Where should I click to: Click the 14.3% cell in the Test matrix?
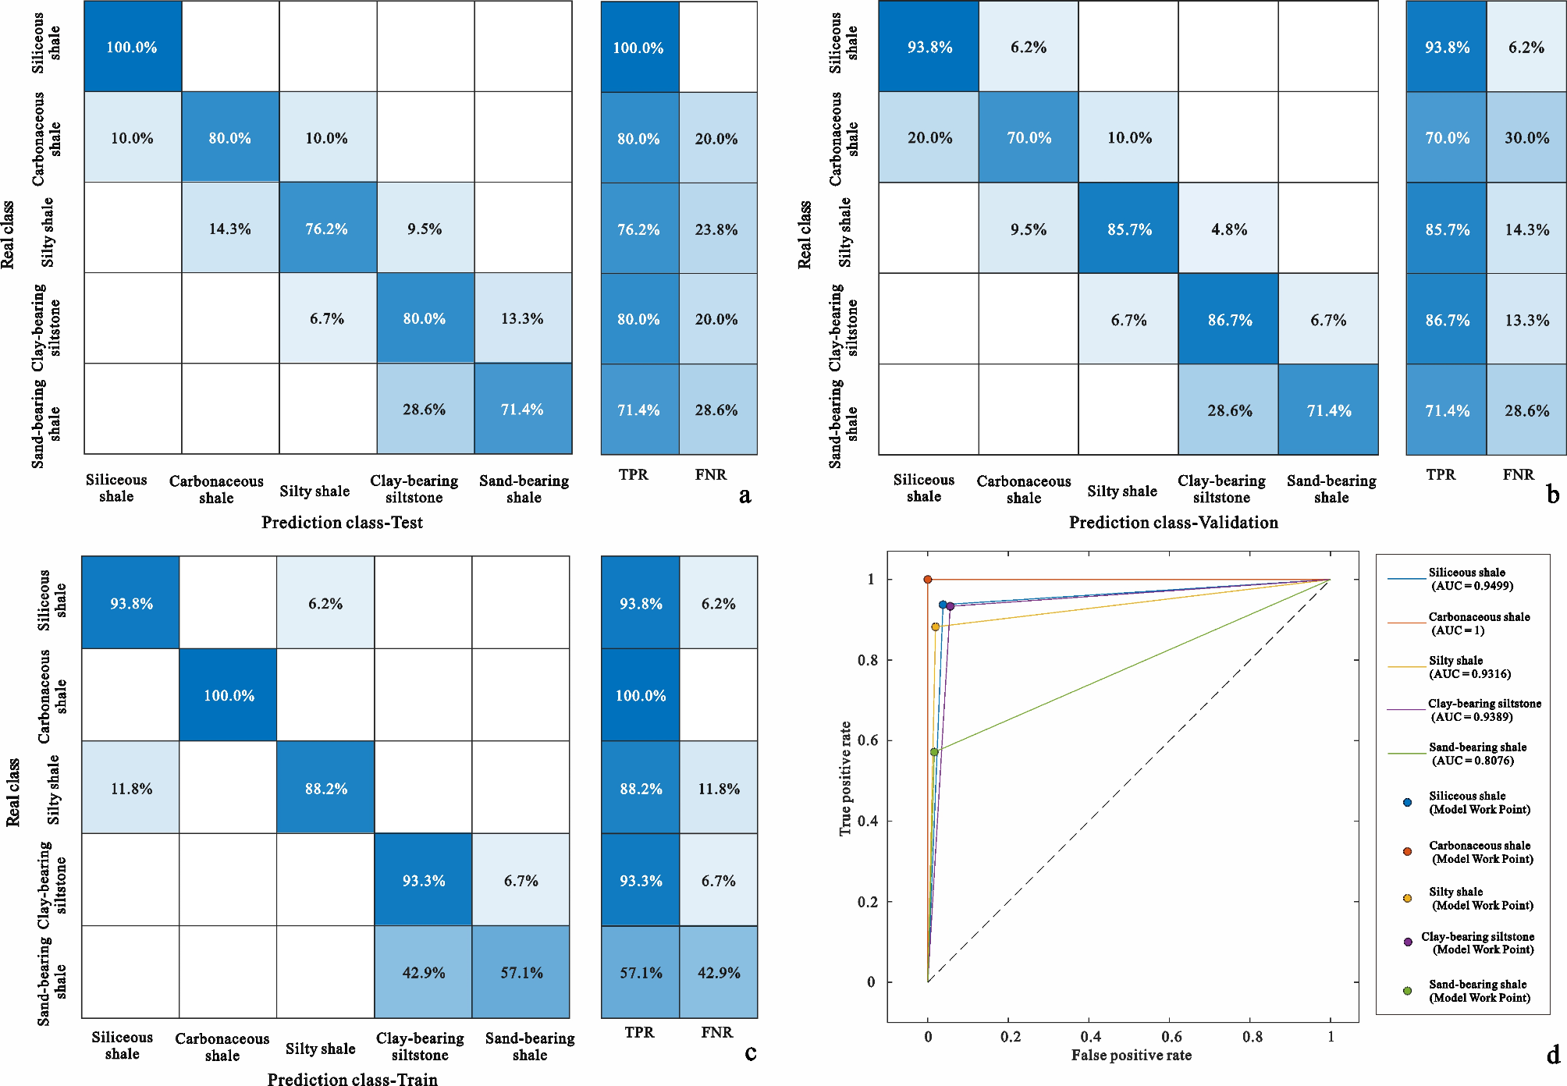229,229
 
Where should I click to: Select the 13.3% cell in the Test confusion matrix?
522,318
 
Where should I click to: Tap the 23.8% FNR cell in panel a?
716,229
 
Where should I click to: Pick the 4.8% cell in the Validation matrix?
1229,229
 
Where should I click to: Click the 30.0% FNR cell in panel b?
1526,138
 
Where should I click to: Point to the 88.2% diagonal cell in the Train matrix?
326,789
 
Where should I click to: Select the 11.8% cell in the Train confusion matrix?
131,789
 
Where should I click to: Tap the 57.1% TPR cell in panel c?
641,973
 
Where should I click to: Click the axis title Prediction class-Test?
342,523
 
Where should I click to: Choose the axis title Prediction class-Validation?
1173,523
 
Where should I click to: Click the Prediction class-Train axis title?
352,1079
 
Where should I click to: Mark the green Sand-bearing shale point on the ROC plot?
934,752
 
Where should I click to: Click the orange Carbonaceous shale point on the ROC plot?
928,580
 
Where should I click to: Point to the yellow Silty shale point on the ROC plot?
935,626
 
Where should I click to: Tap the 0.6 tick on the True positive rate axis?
868,740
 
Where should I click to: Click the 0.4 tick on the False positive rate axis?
1090,1037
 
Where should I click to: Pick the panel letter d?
1552,1055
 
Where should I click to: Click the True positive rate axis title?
845,779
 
